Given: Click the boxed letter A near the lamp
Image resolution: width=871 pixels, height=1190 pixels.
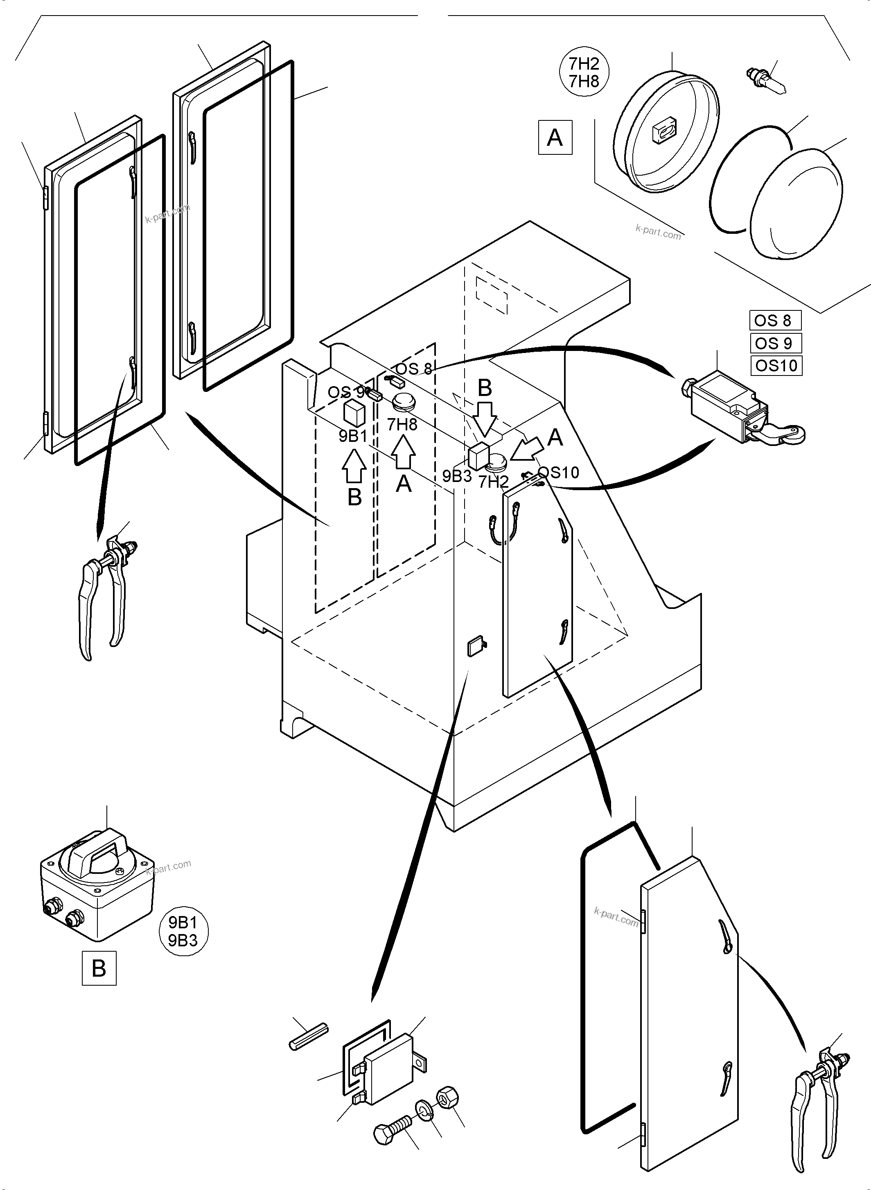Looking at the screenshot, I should pos(555,138).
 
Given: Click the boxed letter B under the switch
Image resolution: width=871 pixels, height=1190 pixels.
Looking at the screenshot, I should pos(99,968).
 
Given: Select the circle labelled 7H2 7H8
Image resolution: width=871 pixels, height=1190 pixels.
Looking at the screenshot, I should pos(584,73).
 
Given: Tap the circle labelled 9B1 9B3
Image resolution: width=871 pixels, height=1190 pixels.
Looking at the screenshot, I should pos(183,932).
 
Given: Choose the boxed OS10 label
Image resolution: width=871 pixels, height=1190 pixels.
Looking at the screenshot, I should pos(776,366).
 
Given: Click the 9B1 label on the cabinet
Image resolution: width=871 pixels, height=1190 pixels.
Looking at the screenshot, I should pos(353,436).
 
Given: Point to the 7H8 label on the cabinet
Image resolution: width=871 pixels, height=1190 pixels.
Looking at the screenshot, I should pos(402,424).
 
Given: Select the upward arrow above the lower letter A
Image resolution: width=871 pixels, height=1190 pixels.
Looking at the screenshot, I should pos(403,452).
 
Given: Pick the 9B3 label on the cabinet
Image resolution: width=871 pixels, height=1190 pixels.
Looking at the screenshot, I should pos(457,476).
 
